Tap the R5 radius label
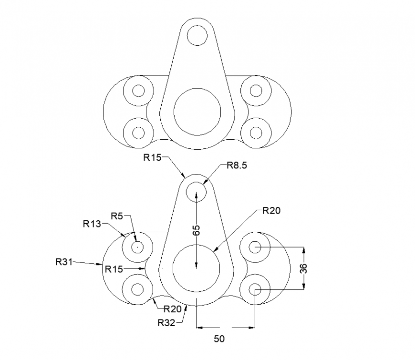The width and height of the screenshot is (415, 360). point(117,216)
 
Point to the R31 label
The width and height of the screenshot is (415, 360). point(64,261)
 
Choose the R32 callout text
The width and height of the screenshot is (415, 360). point(166,323)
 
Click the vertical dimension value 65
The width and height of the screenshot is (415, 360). point(196,231)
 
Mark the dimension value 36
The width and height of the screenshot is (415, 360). point(303,268)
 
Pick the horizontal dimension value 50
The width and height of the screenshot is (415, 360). point(218,339)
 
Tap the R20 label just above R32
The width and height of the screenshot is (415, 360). point(173,309)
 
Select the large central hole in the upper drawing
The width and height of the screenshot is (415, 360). point(197,111)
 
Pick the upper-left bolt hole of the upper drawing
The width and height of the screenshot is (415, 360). point(138,90)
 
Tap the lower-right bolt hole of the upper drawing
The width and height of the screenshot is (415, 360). point(256,132)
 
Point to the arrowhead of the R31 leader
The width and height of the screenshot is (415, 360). point(102,264)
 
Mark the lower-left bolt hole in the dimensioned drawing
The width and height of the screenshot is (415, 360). point(137,289)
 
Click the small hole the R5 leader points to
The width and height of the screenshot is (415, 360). point(137,247)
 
